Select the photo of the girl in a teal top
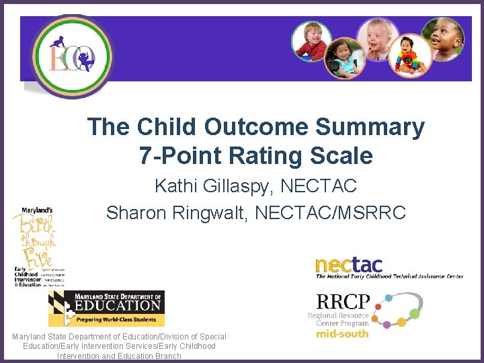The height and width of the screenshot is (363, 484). [344, 59]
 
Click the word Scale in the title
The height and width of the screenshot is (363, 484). [347, 156]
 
